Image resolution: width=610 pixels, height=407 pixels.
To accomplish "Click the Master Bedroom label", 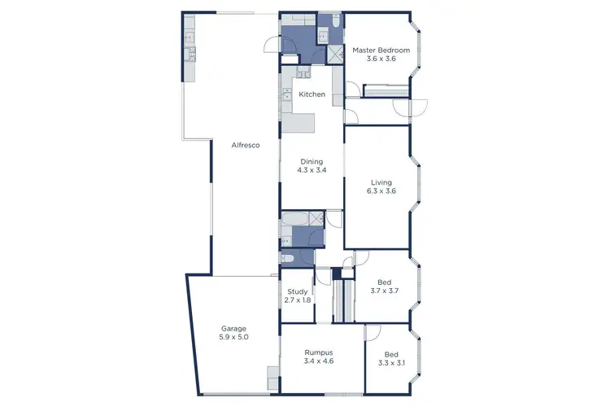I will [x=381, y=50].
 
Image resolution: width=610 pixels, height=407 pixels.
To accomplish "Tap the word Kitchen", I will [x=312, y=94].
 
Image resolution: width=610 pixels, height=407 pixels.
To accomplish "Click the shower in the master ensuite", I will [x=333, y=55].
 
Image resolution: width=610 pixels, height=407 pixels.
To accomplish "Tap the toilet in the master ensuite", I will [x=323, y=33].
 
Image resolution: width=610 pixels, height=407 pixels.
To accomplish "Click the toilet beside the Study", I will [x=287, y=259].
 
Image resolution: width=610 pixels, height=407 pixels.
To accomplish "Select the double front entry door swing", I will [x=411, y=107].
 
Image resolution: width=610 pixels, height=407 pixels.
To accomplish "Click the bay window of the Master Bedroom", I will [x=419, y=50].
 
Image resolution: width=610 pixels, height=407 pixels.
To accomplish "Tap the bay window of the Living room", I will [x=419, y=186].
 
